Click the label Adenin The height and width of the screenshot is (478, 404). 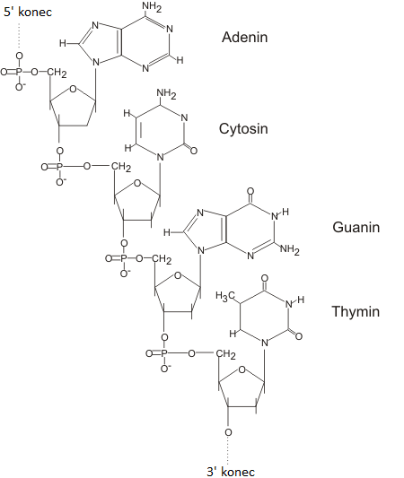(x=245, y=37)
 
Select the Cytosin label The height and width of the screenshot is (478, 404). (x=243, y=128)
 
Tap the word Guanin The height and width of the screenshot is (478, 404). (x=356, y=228)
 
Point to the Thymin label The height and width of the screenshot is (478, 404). (x=356, y=312)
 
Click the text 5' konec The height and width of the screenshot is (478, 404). (x=28, y=13)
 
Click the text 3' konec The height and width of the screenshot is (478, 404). (x=231, y=472)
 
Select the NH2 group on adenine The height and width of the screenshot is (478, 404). (x=152, y=7)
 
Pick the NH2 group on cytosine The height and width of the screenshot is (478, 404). (x=166, y=93)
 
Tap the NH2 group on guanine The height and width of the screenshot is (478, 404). (x=290, y=249)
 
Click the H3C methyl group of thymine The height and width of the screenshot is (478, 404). (x=225, y=296)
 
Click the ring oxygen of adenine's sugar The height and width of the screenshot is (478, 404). (x=74, y=89)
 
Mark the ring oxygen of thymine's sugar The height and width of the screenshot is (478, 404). (x=242, y=370)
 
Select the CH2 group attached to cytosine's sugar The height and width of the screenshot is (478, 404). (x=121, y=167)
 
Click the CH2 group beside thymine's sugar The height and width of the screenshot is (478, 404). (x=226, y=354)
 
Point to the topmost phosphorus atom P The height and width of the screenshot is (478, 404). (x=19, y=72)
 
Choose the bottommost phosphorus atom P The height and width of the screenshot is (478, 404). (x=164, y=353)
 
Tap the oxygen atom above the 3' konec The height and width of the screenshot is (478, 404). (x=228, y=432)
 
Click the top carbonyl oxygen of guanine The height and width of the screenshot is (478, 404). (x=250, y=191)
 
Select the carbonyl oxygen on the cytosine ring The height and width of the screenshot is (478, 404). (x=193, y=151)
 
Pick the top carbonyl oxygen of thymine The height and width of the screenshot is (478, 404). (x=265, y=278)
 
